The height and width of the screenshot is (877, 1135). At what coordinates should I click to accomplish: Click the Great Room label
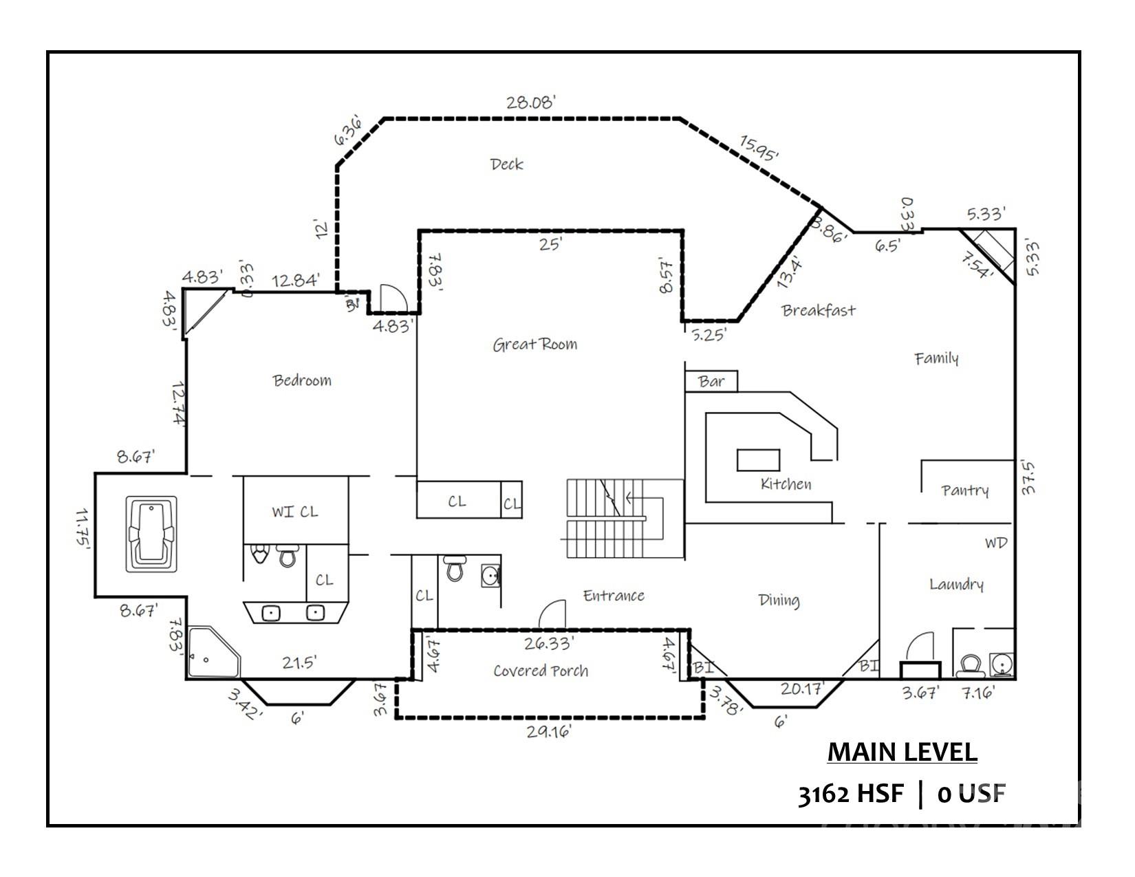(534, 344)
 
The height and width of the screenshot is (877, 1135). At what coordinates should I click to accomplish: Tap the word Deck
(506, 164)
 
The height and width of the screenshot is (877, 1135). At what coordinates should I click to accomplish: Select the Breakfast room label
(819, 310)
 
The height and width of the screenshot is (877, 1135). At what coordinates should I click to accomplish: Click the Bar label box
(711, 382)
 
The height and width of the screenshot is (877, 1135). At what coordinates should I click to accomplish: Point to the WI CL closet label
(294, 512)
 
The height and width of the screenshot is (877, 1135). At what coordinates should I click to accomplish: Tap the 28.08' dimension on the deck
(530, 102)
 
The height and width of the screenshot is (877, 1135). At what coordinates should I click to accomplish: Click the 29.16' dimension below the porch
(548, 732)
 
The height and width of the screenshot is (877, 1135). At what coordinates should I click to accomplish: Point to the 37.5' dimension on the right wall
(1028, 477)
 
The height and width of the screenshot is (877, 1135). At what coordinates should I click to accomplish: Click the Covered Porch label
(541, 671)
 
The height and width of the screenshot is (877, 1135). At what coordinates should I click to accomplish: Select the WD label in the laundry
(995, 543)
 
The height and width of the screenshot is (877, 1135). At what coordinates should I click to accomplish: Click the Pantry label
(965, 490)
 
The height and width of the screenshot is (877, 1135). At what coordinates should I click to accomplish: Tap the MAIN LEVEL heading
(902, 752)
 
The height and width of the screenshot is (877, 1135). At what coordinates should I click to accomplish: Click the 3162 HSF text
(850, 794)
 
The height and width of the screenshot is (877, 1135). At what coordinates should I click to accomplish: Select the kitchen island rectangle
(759, 459)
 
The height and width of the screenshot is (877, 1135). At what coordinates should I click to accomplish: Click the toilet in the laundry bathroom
(970, 664)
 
